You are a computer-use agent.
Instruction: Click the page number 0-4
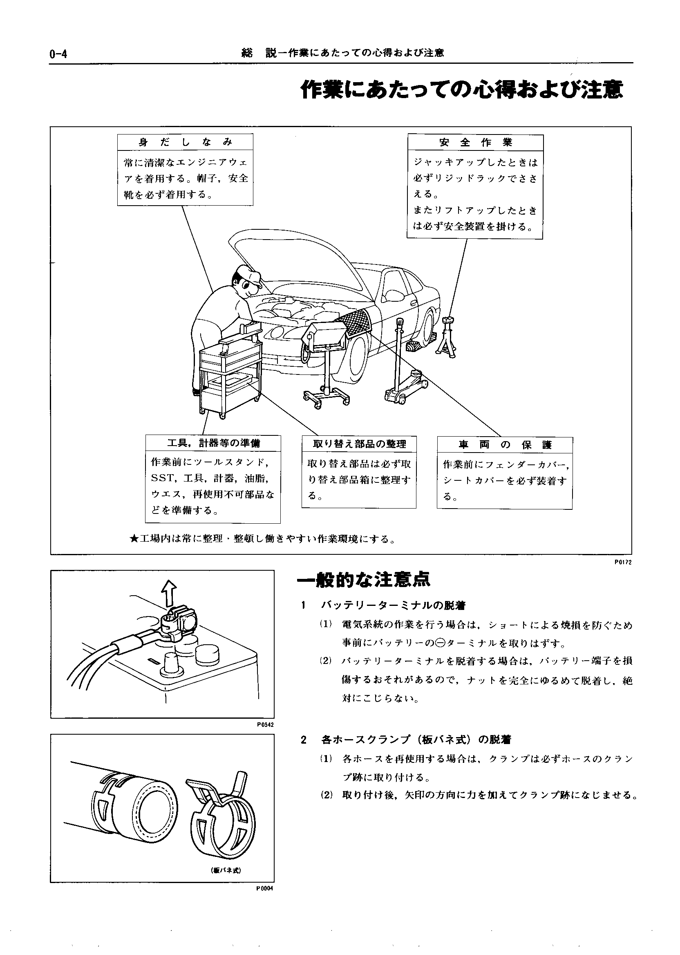[58, 54]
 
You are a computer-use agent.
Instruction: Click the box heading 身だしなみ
[185, 142]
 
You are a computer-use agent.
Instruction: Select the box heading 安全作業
[476, 142]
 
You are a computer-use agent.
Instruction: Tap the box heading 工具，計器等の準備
[213, 443]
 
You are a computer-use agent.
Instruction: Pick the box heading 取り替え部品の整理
[359, 444]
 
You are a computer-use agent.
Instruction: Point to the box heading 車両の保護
[505, 445]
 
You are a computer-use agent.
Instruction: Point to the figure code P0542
[266, 724]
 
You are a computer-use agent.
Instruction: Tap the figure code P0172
[623, 563]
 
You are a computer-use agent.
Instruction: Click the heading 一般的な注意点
[363, 580]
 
